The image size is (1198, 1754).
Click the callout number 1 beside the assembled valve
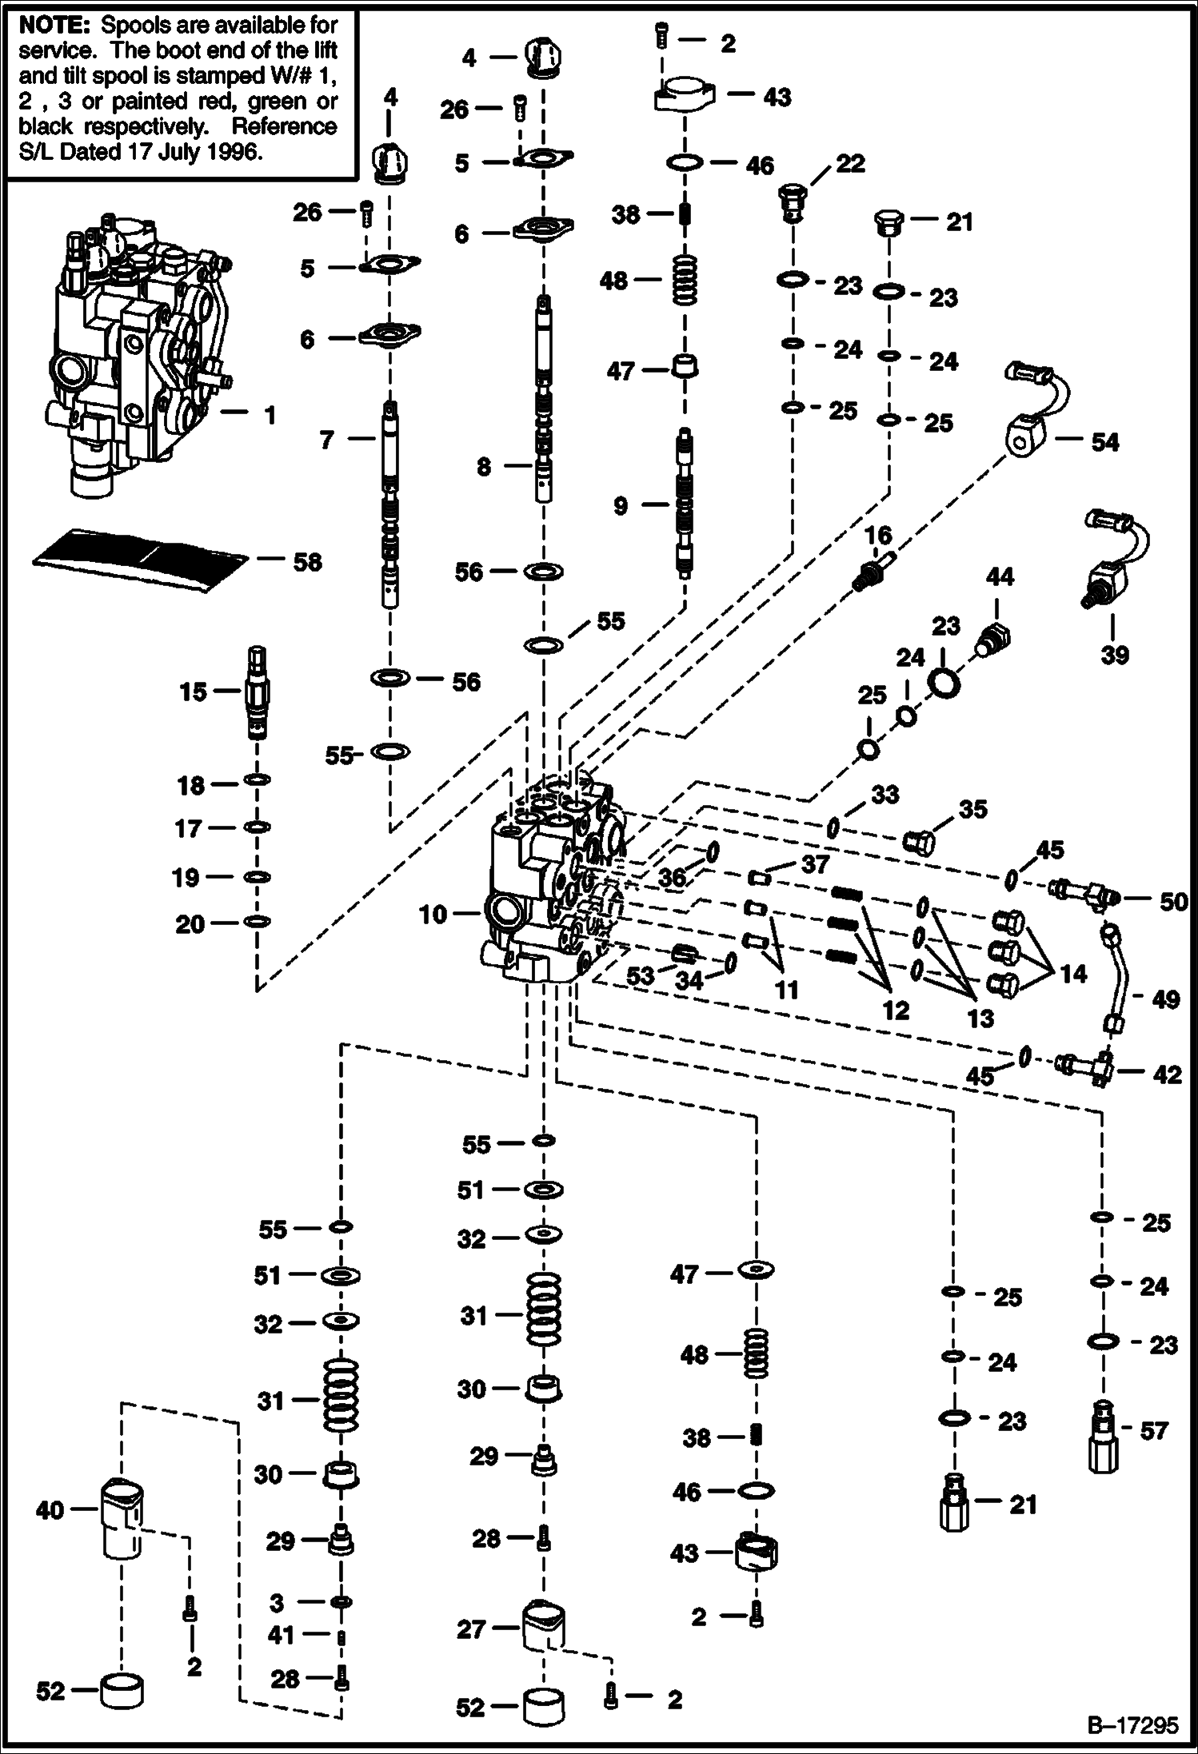click(270, 415)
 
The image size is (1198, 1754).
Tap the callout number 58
click(307, 562)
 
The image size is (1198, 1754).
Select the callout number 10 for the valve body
click(433, 914)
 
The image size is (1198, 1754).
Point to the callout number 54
click(1105, 441)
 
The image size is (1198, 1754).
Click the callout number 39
click(1115, 655)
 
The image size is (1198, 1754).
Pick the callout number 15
click(193, 692)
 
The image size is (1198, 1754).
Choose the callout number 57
click(1154, 1430)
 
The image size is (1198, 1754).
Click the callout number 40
click(50, 1510)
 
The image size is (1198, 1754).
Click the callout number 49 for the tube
click(1166, 999)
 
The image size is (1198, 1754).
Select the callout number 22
click(850, 164)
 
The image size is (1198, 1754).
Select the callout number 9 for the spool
click(621, 505)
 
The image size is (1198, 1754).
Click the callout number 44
click(1000, 576)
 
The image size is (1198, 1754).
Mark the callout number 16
click(878, 536)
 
